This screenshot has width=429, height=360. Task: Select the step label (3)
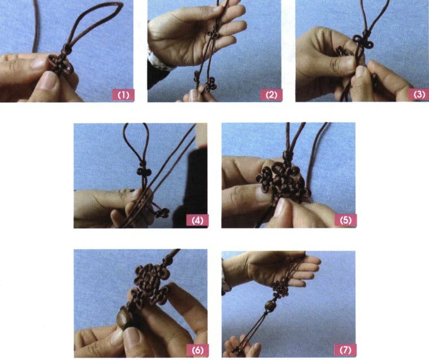pyautogui.click(x=419, y=94)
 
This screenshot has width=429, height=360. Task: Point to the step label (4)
pyautogui.click(x=198, y=220)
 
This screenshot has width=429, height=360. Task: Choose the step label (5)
pyautogui.click(x=345, y=220)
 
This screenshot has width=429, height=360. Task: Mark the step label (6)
pyautogui.click(x=198, y=350)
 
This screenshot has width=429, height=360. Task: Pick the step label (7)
pyautogui.click(x=345, y=350)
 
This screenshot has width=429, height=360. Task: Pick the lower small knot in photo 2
pyautogui.click(x=209, y=83)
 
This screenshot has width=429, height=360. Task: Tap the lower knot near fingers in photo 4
pyautogui.click(x=162, y=212)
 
